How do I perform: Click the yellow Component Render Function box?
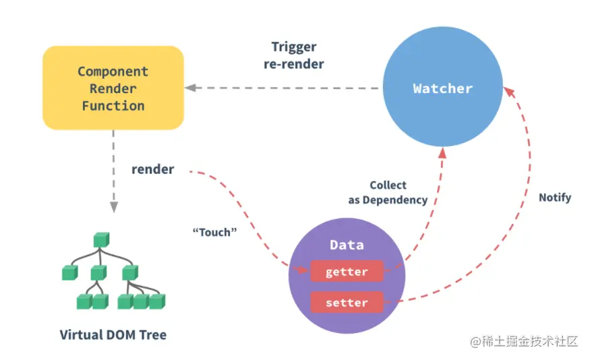coord(113,88)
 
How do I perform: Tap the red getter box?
coord(347,272)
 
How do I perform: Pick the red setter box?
coord(347,303)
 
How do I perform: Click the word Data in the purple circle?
coord(347,245)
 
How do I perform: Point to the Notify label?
coord(555,198)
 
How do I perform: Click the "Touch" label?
coord(215,233)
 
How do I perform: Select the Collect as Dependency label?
coord(388,192)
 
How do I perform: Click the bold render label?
coord(152,169)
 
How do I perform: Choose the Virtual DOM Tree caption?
coord(113,335)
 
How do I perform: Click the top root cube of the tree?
coord(101,239)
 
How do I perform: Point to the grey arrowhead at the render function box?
coord(190,88)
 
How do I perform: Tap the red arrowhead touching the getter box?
coord(304,271)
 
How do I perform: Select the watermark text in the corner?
coord(523,341)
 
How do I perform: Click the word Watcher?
coord(442,88)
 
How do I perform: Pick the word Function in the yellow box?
coord(113,106)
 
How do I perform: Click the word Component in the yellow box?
coord(113,71)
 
